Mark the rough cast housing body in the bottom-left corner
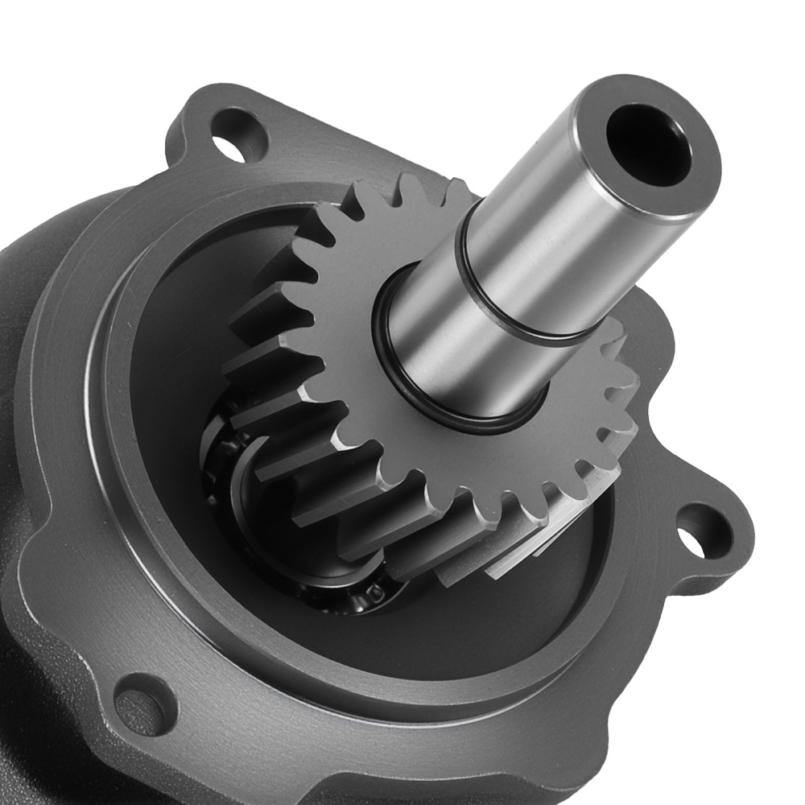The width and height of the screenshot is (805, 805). click(32, 724)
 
